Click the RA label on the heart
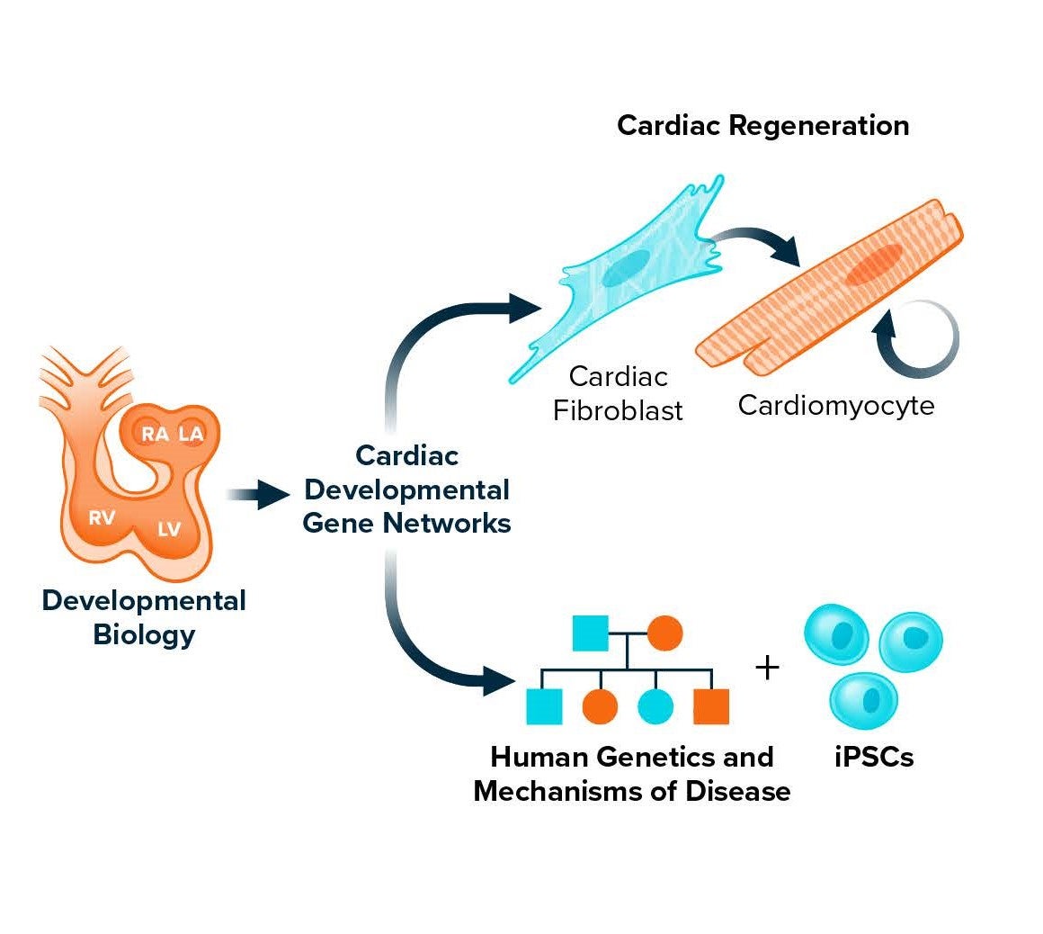click(x=155, y=435)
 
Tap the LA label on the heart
click(x=191, y=435)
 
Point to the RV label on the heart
click(x=102, y=517)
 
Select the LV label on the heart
click(x=169, y=529)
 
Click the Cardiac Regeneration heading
click(x=762, y=125)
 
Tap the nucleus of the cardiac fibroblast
click(x=626, y=268)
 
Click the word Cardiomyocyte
click(x=835, y=405)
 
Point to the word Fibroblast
click(x=618, y=410)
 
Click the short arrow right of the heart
click(x=257, y=494)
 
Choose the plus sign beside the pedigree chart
click(x=766, y=669)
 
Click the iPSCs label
click(x=874, y=757)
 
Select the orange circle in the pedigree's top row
click(x=664, y=633)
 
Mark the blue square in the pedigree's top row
click(x=590, y=633)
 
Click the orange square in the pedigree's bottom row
click(x=710, y=706)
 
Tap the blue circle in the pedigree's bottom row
click(x=655, y=706)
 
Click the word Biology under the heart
click(x=144, y=634)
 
